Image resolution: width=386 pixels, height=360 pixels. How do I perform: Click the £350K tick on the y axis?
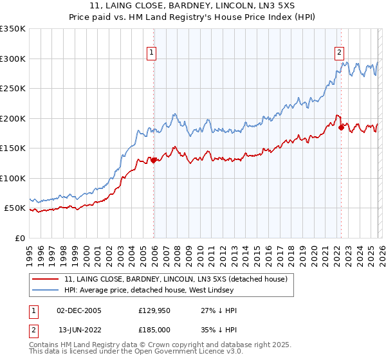pos(13,29)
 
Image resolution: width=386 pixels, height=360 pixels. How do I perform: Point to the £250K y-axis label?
pos(13,89)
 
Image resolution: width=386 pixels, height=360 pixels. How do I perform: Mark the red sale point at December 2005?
pos(154,160)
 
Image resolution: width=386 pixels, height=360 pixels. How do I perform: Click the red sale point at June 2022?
pos(341,127)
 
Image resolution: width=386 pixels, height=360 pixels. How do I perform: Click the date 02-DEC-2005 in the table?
pos(79,310)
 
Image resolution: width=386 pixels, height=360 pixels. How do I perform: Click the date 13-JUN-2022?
pos(80,330)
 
